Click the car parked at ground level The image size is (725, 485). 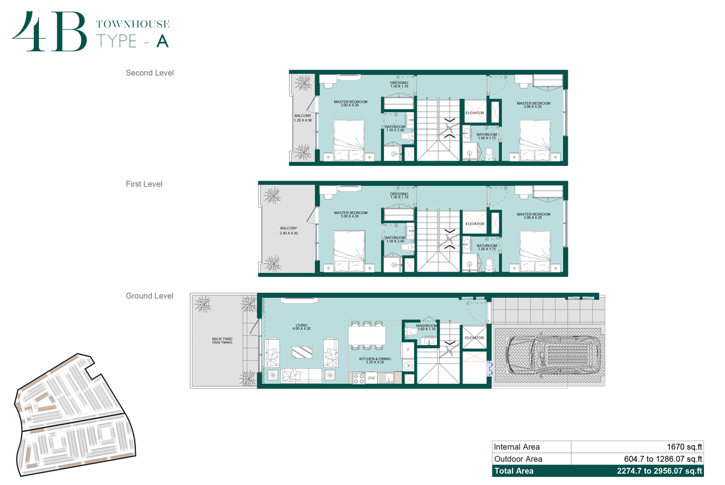(x=548, y=355)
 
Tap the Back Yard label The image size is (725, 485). (x=222, y=341)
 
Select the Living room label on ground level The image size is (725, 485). (x=301, y=327)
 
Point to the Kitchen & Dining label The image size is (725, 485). (x=375, y=360)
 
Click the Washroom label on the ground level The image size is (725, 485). (x=426, y=327)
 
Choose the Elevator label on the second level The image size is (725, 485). (x=475, y=113)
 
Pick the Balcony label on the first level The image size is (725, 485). (x=288, y=231)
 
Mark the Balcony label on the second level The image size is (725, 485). (x=303, y=118)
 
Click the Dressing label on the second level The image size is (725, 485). (x=399, y=84)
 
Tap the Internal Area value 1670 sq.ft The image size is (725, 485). (x=684, y=447)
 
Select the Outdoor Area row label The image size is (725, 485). (x=518, y=459)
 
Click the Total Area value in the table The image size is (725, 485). (x=659, y=471)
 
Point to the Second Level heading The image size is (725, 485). (x=150, y=73)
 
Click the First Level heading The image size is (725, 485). (x=144, y=184)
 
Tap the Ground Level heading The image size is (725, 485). (x=149, y=296)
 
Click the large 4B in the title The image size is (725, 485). (x=50, y=32)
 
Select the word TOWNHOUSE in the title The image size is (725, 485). (x=133, y=24)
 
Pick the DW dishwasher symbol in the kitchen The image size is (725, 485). (x=371, y=378)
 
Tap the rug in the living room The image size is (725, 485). (x=302, y=352)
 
